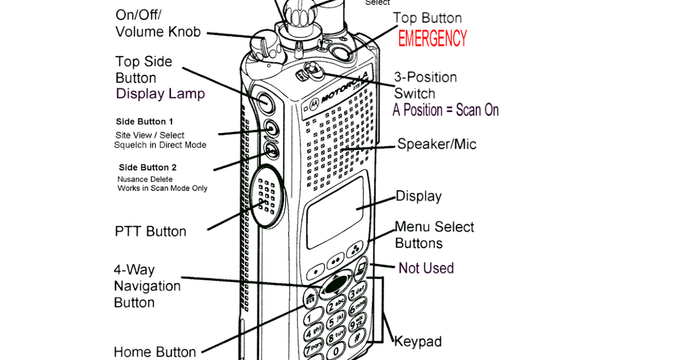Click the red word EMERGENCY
click(432, 39)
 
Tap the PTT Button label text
click(150, 231)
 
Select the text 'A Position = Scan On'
click(445, 110)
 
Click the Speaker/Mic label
click(437, 145)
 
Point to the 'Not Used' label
click(426, 268)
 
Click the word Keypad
click(418, 342)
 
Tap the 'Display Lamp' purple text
click(160, 94)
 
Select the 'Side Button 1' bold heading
click(144, 122)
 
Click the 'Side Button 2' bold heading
click(147, 167)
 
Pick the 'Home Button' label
click(155, 351)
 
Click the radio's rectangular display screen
click(334, 213)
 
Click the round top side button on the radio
click(265, 102)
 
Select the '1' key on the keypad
click(311, 318)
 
